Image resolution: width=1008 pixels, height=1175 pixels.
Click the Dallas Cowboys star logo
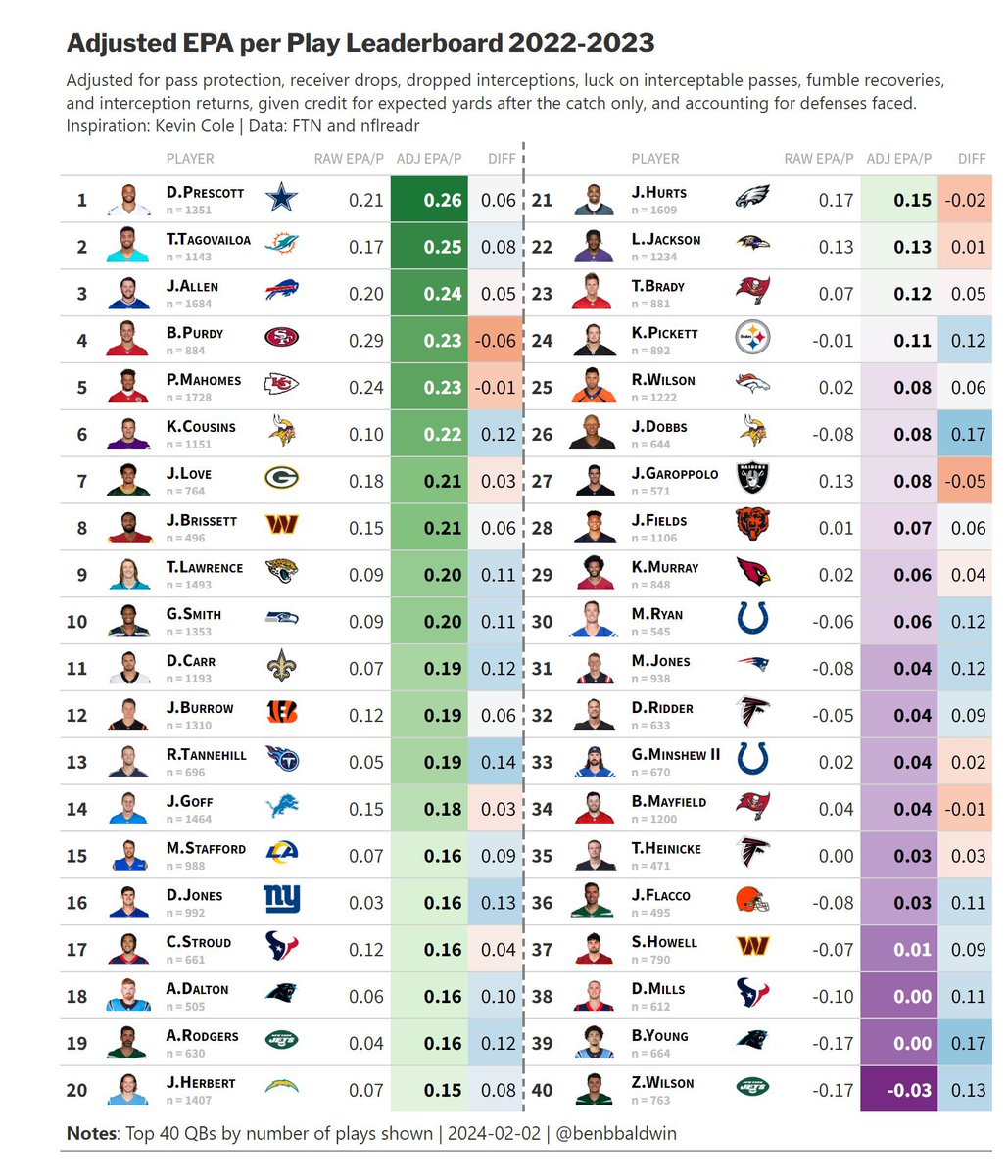(281, 200)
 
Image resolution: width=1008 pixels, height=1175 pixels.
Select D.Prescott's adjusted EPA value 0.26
(442, 200)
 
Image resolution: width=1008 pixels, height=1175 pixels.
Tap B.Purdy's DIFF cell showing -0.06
(497, 341)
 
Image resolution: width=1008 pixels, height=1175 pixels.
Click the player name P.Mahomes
(204, 380)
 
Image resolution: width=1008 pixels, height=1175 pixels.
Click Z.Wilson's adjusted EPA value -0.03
(910, 1090)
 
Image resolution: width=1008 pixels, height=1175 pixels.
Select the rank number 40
(542, 1090)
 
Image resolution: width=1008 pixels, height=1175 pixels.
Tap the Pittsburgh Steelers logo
(752, 340)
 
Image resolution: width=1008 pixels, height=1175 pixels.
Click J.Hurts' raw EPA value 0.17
(836, 200)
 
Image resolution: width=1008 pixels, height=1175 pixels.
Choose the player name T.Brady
(658, 286)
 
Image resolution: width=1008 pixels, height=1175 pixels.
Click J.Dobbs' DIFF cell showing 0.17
(967, 434)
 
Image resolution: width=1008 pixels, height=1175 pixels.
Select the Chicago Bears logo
(752, 527)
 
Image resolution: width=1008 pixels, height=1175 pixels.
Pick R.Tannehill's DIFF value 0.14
(498, 762)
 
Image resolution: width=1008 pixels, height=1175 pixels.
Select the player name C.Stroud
(199, 942)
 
